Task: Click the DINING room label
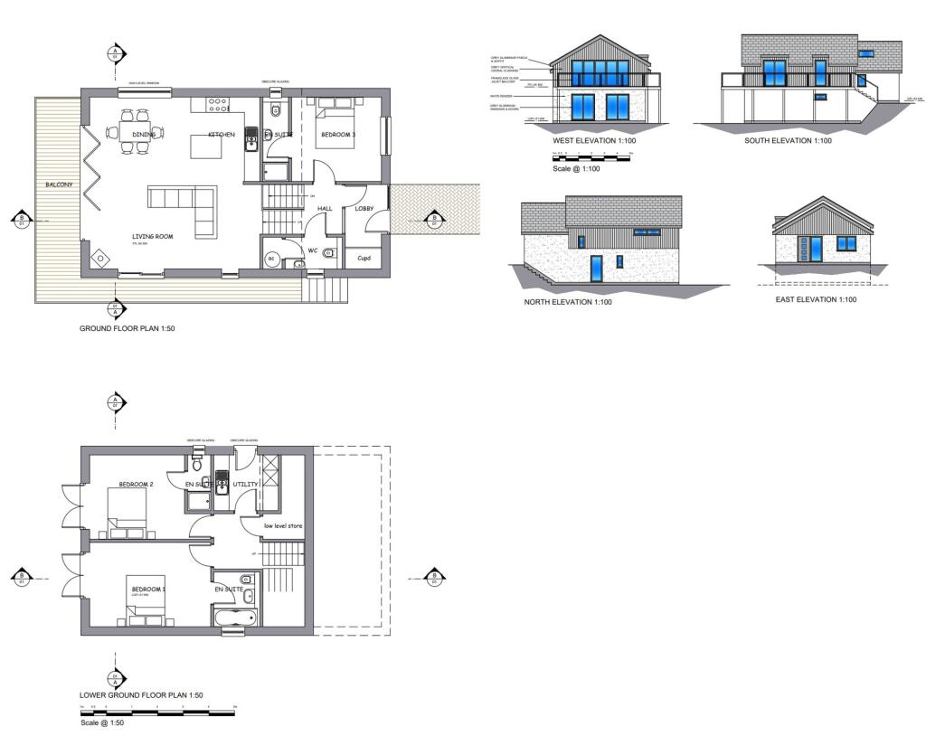tap(144, 135)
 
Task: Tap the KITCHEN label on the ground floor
tap(222, 135)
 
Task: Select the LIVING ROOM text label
tap(152, 237)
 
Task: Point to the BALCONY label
tap(59, 184)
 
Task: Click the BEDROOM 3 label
tap(339, 135)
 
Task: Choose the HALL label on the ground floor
tap(326, 209)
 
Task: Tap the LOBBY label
tap(364, 209)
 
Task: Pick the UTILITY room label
tap(246, 485)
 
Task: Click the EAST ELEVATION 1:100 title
tap(816, 299)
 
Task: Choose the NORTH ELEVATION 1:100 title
tap(568, 302)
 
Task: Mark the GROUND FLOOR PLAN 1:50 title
tap(128, 329)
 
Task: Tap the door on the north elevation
tap(596, 269)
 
